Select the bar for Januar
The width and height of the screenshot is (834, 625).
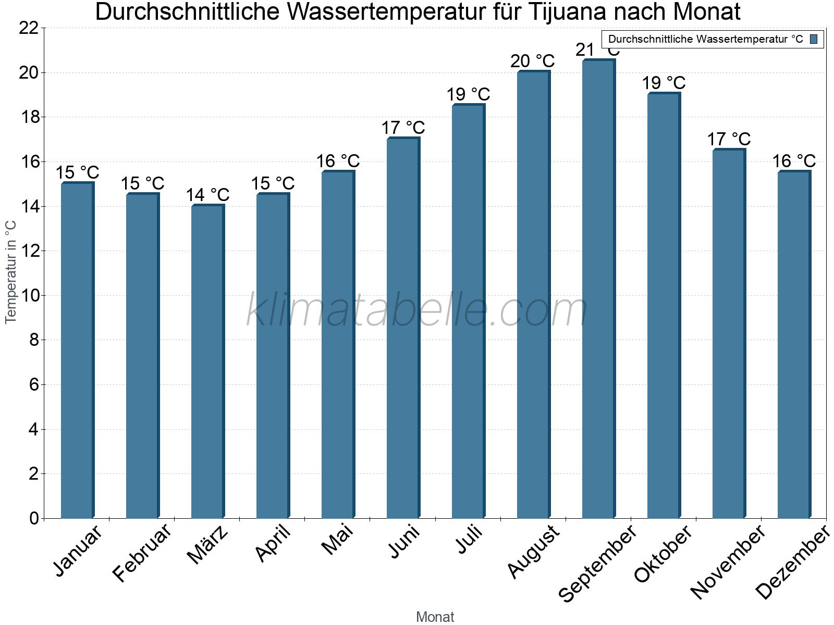(x=77, y=350)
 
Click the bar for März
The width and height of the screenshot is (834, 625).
(x=207, y=361)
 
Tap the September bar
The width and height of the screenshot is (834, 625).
(x=598, y=289)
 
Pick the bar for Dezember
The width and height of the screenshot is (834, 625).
(x=794, y=345)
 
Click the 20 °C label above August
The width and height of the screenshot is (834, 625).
(x=532, y=61)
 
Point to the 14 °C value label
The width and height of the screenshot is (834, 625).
(x=207, y=195)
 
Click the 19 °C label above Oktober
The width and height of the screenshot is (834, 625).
(x=663, y=83)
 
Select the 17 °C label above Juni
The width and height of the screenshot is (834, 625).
(x=403, y=128)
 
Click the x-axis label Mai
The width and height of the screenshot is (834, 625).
(x=337, y=540)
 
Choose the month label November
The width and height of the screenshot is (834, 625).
(x=728, y=561)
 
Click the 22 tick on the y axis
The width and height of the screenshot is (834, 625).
(x=29, y=28)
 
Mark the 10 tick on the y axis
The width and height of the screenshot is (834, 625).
(x=29, y=296)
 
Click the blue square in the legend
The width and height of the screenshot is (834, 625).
(x=814, y=39)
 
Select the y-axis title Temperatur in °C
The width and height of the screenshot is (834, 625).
(x=11, y=272)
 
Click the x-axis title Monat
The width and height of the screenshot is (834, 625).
(x=435, y=617)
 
